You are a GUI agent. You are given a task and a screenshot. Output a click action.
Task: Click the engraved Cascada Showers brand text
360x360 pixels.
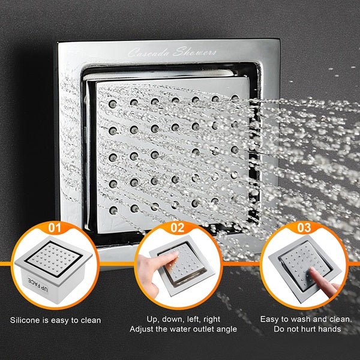[172, 52]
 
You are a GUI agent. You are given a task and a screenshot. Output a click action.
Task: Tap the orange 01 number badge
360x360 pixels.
[55, 229]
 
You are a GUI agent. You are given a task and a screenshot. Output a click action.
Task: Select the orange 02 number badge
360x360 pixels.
[177, 229]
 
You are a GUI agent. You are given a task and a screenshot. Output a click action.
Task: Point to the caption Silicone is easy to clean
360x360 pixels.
[55, 320]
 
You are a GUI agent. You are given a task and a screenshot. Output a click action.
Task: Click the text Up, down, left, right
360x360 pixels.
[183, 319]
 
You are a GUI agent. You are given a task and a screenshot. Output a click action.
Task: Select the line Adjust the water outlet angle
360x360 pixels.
[183, 329]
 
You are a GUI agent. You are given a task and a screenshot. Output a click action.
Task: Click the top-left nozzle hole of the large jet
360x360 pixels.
[112, 103]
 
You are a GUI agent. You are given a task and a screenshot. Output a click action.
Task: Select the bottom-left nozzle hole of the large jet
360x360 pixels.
[113, 210]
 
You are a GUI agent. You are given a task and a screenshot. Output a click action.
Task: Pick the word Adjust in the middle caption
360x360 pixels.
[142, 329]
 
